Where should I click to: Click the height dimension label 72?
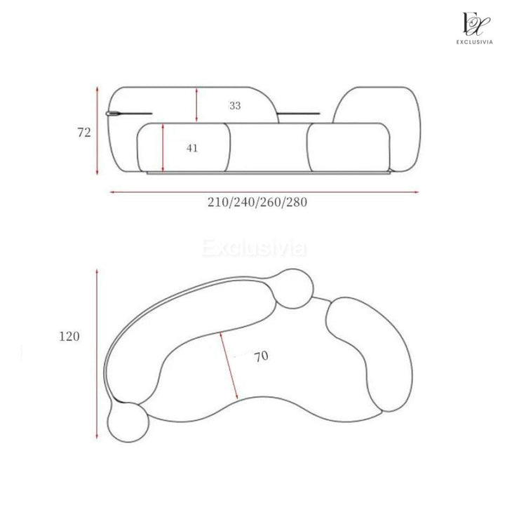pos(84,133)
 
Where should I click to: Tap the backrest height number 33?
pos(235,106)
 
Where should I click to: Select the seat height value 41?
pos(192,148)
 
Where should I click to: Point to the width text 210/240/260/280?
pos(257,202)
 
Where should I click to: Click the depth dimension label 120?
pos(69,337)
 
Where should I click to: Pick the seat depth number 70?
pos(261,356)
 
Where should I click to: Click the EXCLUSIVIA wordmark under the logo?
pos(474,42)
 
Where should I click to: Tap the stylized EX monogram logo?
pos(476,24)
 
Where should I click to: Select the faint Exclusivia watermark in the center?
pos(254,248)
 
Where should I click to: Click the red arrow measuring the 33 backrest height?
pos(196,105)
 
